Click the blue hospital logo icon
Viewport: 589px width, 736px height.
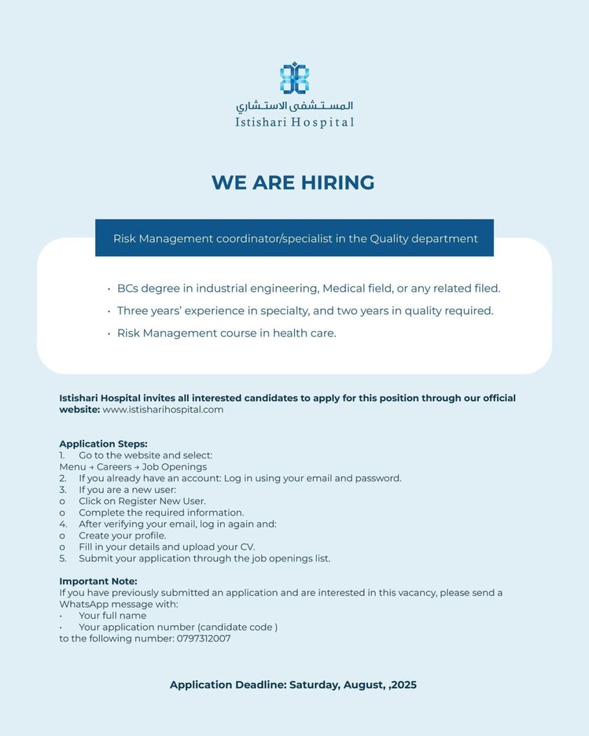(x=294, y=78)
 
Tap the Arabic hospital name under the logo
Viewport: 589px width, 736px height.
(x=294, y=105)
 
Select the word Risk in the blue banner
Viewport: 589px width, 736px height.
(x=125, y=239)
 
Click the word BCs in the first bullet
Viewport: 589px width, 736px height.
(x=129, y=288)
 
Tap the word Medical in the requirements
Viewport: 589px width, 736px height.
(x=344, y=288)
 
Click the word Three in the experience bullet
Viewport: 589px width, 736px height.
(x=133, y=311)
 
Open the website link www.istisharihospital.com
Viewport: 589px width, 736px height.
(x=163, y=410)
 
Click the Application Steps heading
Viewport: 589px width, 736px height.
(x=103, y=443)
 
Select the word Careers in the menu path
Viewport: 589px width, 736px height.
(x=114, y=467)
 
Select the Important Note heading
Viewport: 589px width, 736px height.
(x=98, y=581)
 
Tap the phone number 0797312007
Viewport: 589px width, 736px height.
(x=204, y=638)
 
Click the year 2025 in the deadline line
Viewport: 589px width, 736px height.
(x=404, y=685)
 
